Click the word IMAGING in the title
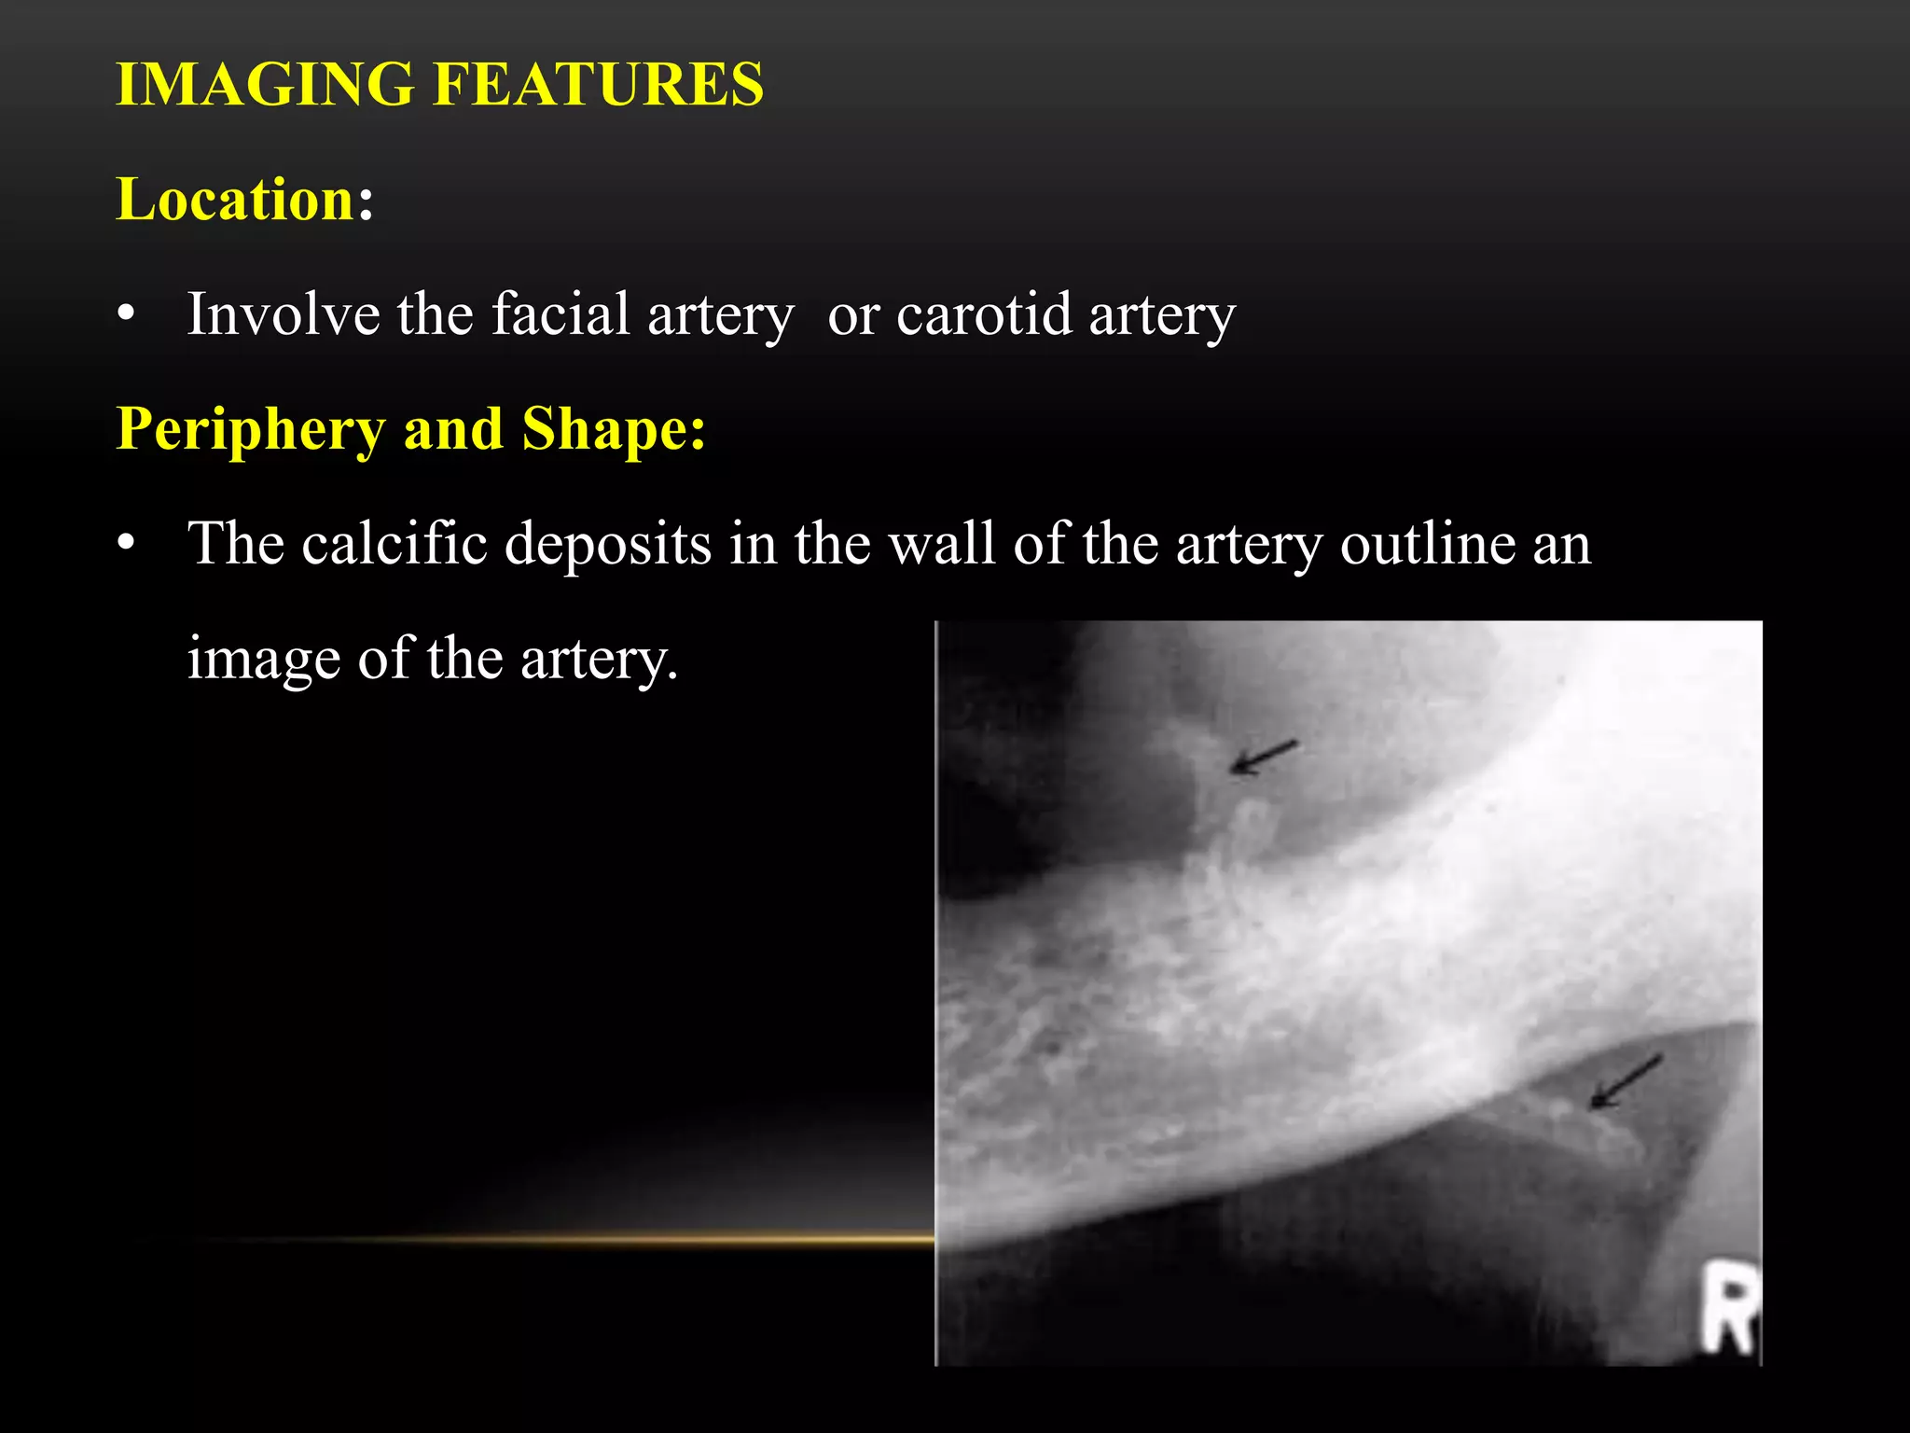[265, 85]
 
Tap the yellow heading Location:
[244, 200]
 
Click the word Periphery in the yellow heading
[250, 429]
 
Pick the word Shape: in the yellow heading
[614, 429]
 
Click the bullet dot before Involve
[127, 314]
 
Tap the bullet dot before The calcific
[127, 543]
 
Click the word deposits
[608, 543]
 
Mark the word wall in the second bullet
[941, 543]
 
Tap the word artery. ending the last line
[599, 659]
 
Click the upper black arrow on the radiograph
[1263, 756]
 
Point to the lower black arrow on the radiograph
[1625, 1082]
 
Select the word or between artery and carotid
[853, 315]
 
